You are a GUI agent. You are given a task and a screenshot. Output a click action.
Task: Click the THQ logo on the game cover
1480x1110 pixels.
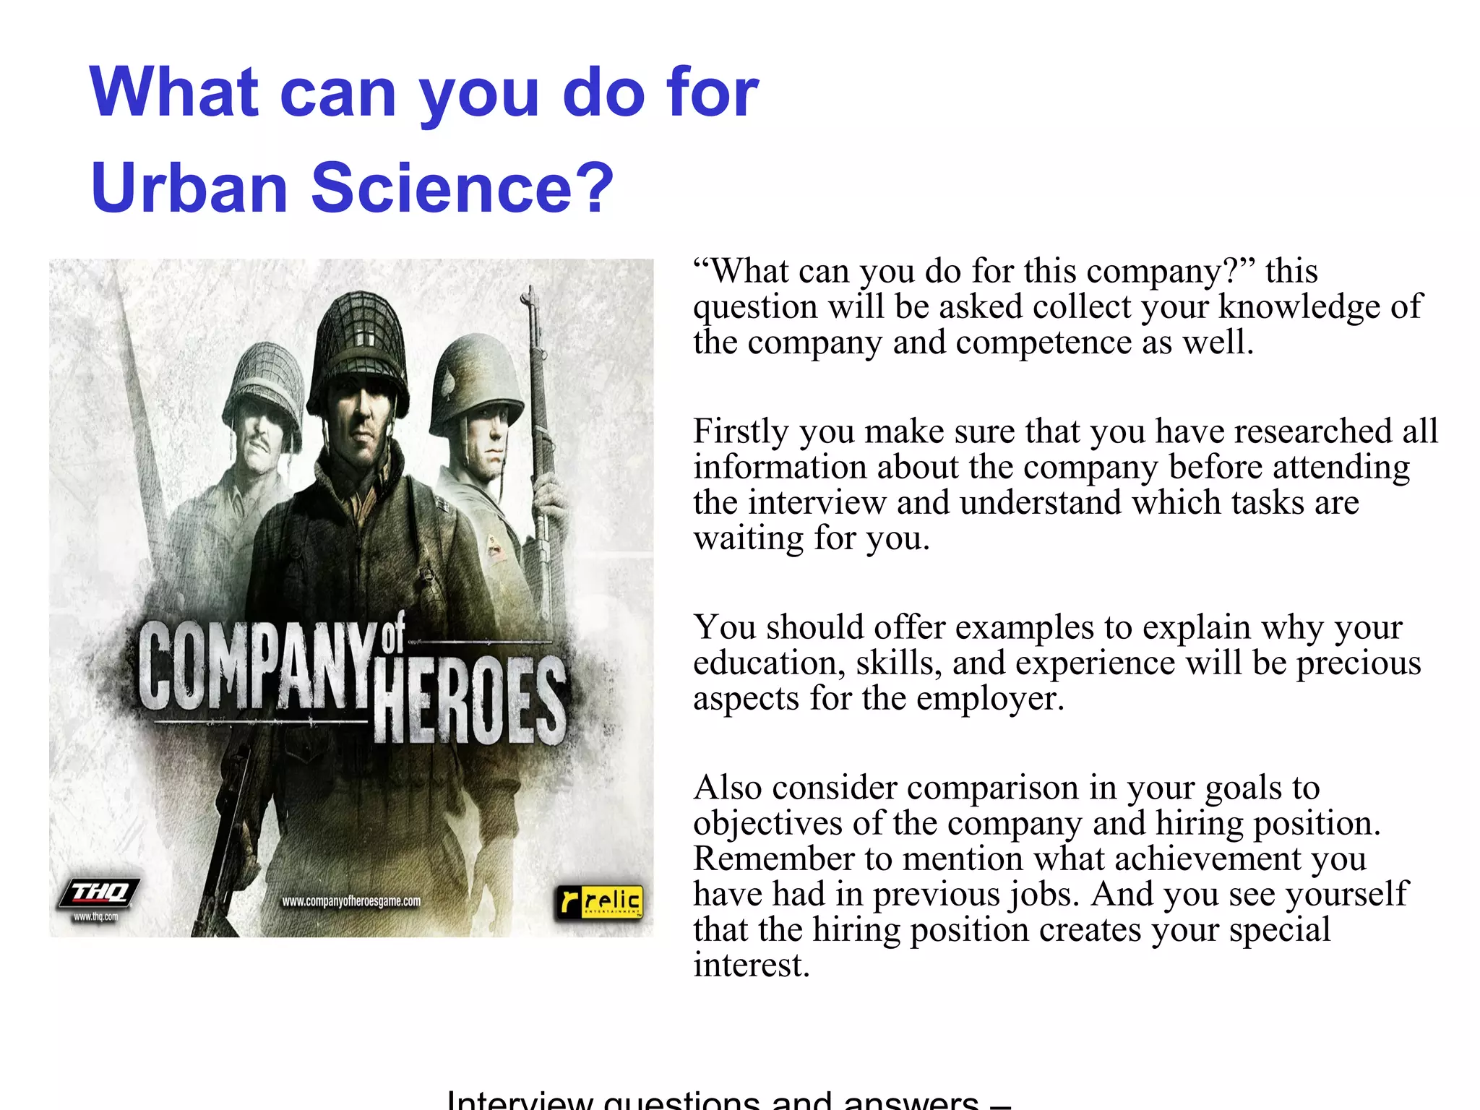[x=99, y=893]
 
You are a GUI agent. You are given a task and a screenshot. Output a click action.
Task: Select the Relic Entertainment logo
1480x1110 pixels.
[x=599, y=903]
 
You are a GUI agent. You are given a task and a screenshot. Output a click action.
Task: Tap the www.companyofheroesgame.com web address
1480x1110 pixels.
[x=351, y=901]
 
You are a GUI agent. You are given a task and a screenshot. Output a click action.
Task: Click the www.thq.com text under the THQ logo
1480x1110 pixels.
[x=95, y=917]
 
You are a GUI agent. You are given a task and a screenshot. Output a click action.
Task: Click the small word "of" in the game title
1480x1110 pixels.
[x=393, y=633]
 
